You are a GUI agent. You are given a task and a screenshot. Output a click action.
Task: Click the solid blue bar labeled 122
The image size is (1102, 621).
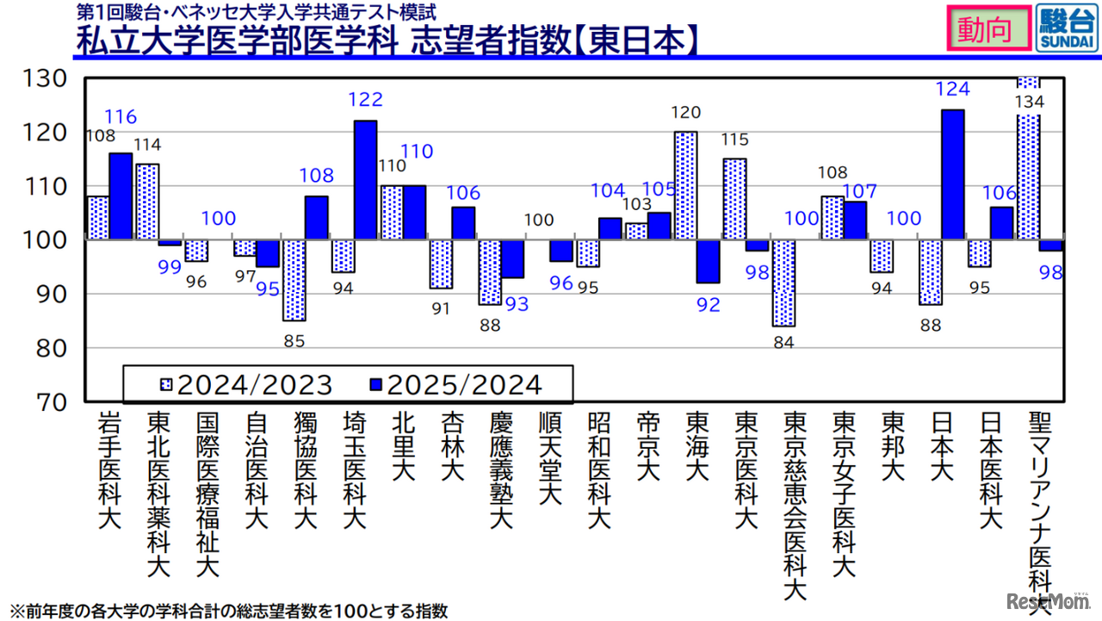pos(366,180)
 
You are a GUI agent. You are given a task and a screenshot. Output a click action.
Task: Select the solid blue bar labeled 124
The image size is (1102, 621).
pos(953,175)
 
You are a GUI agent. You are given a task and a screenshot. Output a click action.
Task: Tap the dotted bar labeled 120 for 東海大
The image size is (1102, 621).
pos(685,186)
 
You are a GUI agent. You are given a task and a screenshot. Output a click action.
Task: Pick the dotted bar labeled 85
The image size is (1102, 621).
pos(294,280)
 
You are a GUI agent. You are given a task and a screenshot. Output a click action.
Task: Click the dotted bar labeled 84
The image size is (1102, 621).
pos(783,283)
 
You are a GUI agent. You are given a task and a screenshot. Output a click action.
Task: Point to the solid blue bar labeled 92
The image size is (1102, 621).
pos(708,261)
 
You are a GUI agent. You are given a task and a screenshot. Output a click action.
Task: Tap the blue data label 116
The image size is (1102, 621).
pos(121,116)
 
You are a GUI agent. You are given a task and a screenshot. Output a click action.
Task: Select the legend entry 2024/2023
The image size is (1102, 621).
pos(245,384)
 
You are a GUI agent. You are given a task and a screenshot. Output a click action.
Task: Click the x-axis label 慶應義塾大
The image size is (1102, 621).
pos(501,470)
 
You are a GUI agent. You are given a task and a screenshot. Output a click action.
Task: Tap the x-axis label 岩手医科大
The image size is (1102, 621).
pos(109,470)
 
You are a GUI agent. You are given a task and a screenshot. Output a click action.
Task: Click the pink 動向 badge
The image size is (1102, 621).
pos(988,29)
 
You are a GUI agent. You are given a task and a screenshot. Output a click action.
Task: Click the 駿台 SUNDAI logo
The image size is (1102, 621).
pos(1067,29)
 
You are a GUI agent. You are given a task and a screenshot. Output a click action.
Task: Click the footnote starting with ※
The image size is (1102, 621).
pos(229,612)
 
